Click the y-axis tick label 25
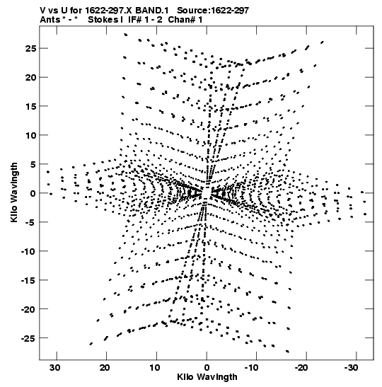(x=30, y=49)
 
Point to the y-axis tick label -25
(x=28, y=338)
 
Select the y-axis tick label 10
(x=30, y=135)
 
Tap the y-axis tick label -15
(x=28, y=280)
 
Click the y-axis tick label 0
(x=33, y=193)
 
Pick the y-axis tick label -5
(x=30, y=222)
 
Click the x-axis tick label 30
(x=54, y=368)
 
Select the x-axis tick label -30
(x=351, y=368)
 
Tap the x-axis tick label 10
(x=154, y=368)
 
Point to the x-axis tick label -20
(x=301, y=368)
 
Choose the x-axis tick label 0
(x=207, y=368)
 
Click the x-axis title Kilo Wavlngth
(x=207, y=377)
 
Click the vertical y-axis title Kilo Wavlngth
(x=14, y=192)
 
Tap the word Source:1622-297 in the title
(x=213, y=11)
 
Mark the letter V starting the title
(x=42, y=11)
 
